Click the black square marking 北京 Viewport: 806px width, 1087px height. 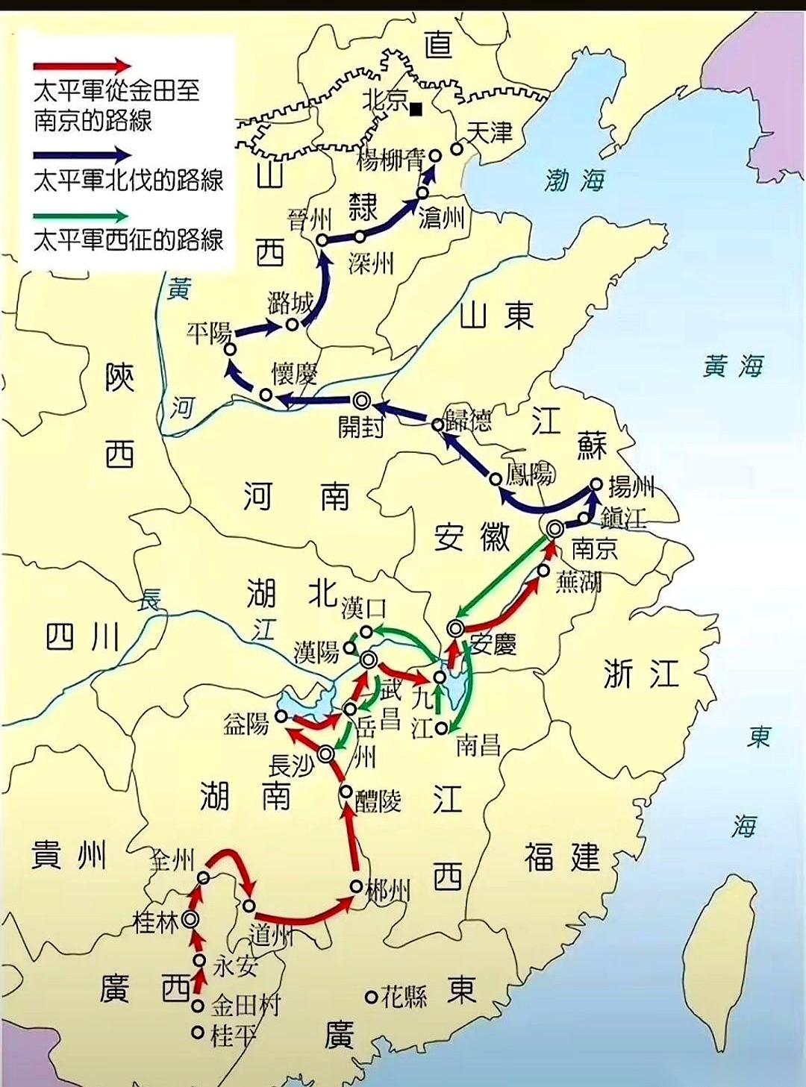coord(416,110)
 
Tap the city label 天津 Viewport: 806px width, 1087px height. coord(490,133)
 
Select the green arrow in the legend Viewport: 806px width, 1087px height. coord(82,216)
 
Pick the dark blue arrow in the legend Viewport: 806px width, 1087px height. coord(82,156)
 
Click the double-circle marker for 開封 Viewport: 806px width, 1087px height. coord(362,401)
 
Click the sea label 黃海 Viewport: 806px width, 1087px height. coord(733,366)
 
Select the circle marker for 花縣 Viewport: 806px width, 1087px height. coord(371,996)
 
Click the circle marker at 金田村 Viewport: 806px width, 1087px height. coord(198,1006)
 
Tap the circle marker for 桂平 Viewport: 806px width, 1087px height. coord(198,1033)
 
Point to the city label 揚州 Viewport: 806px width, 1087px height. coord(631,487)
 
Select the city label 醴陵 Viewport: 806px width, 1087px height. coord(378,801)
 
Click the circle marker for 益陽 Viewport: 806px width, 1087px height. coord(281,716)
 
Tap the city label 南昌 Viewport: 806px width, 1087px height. coord(478,744)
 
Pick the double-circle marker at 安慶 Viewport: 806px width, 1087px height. coord(455,627)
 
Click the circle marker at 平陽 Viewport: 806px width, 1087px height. coord(231,348)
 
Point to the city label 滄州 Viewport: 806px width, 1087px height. coord(442,217)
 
